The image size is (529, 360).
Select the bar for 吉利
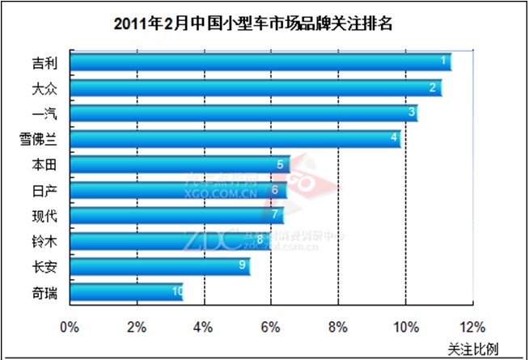coord(259,61)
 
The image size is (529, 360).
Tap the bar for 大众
coord(255,87)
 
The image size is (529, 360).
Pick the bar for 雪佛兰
coord(235,138)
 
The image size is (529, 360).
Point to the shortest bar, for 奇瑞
coord(126,292)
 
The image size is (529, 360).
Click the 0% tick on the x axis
coord(70,328)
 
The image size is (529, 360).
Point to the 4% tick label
coord(204,328)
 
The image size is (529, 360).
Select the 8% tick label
coord(338,328)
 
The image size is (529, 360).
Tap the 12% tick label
coord(472,328)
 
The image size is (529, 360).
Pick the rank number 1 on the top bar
coord(443,61)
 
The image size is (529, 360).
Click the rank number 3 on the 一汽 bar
coord(411,112)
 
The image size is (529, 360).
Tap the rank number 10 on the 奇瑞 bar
coord(177,292)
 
